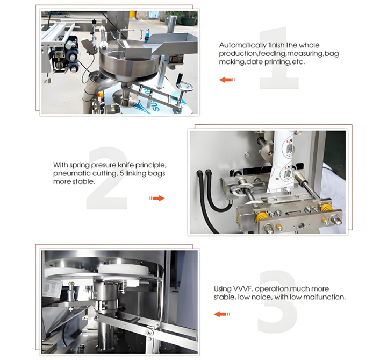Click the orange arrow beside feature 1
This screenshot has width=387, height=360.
point(227,80)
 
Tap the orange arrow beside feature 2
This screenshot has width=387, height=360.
point(157,198)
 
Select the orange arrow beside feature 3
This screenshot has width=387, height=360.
point(222,314)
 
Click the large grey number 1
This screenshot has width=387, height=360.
point(279,58)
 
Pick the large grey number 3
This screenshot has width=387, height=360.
point(277,301)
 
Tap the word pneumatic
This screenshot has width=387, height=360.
point(68,173)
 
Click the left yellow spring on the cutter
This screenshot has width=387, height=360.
point(262,217)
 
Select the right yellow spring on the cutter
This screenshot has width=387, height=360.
point(326,208)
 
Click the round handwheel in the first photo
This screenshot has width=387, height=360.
point(184,87)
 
